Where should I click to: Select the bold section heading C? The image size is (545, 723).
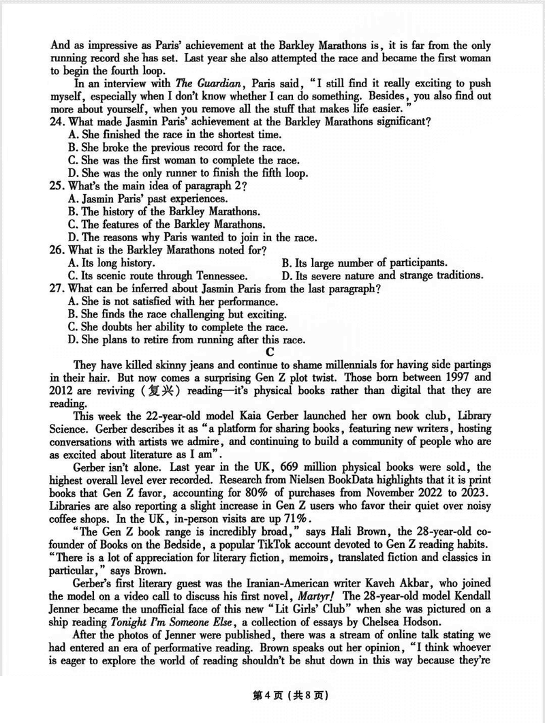pyautogui.click(x=270, y=352)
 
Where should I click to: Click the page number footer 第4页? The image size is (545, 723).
pyautogui.click(x=255, y=696)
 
